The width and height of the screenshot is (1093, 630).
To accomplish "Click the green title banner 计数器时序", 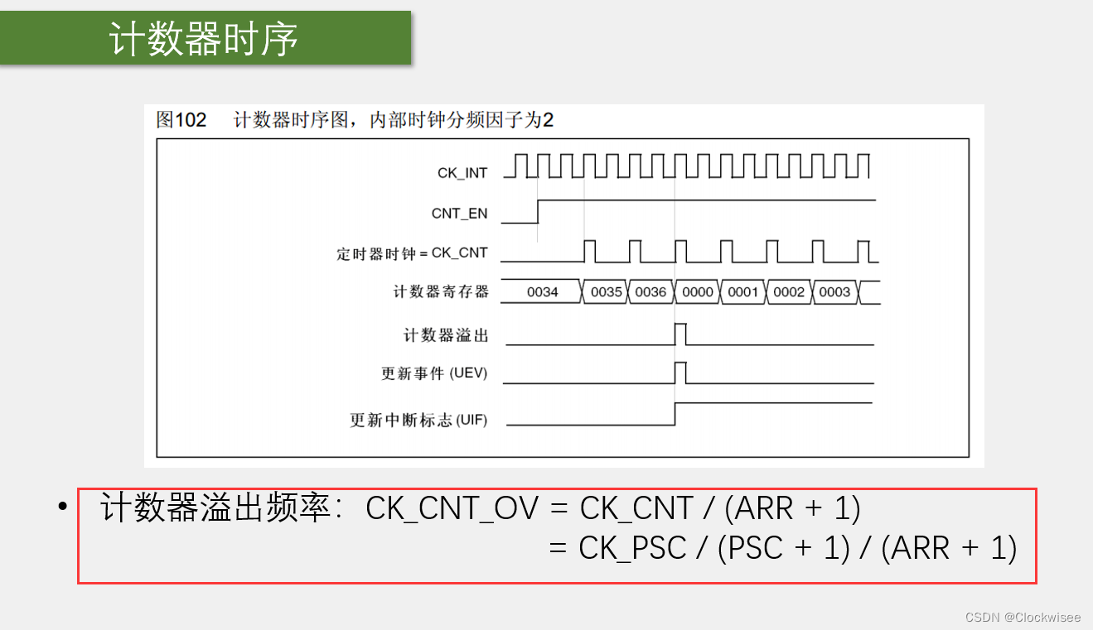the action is click(205, 38).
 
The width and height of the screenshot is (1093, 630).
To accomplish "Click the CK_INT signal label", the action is click(462, 173).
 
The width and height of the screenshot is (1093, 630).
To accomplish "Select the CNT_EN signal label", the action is click(459, 214).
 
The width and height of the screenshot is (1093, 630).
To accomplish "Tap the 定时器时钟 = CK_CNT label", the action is click(412, 253).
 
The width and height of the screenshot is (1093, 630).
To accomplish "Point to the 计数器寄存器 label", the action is click(441, 292).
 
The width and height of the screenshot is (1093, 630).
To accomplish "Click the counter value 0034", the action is click(542, 292).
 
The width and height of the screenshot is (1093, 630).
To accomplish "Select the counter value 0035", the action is click(606, 292).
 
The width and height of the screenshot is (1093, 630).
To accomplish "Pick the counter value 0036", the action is click(650, 292).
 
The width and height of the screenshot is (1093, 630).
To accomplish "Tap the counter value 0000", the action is click(698, 292).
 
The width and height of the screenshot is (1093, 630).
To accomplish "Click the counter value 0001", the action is click(743, 292).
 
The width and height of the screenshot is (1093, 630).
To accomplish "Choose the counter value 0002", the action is click(789, 292).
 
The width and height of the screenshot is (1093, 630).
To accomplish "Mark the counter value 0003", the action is click(834, 292).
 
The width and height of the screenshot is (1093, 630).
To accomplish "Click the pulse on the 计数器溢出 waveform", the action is click(681, 334).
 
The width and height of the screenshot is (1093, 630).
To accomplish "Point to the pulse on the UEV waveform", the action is click(681, 373).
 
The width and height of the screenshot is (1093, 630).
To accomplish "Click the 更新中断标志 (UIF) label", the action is click(418, 421).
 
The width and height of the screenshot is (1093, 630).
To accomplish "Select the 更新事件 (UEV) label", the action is click(434, 373).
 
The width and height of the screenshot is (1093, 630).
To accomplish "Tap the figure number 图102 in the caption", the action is click(181, 120).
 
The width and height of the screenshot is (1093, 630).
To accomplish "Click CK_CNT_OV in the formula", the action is click(452, 508).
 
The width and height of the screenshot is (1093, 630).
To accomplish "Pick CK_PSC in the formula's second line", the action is click(632, 548).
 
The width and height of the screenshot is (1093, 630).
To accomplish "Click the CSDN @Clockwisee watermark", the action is click(1023, 617).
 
